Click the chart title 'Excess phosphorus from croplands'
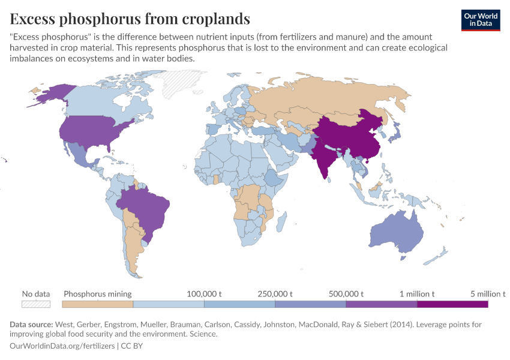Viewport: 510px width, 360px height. (x=130, y=19)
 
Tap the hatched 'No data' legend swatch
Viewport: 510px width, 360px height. (x=36, y=304)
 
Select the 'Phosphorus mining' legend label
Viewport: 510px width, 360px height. (x=98, y=294)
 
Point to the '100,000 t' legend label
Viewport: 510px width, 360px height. (x=205, y=294)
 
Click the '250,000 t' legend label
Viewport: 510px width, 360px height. (x=275, y=294)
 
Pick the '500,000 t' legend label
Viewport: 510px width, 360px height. (x=346, y=294)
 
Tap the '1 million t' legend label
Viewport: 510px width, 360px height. (x=417, y=294)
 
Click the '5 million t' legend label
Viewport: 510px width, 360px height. (x=488, y=294)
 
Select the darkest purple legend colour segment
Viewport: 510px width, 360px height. (x=452, y=304)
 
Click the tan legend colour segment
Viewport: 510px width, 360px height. (x=98, y=304)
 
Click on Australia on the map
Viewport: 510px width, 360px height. (x=397, y=234)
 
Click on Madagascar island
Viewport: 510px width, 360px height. (x=280, y=221)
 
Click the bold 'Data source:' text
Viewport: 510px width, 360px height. (x=31, y=325)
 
